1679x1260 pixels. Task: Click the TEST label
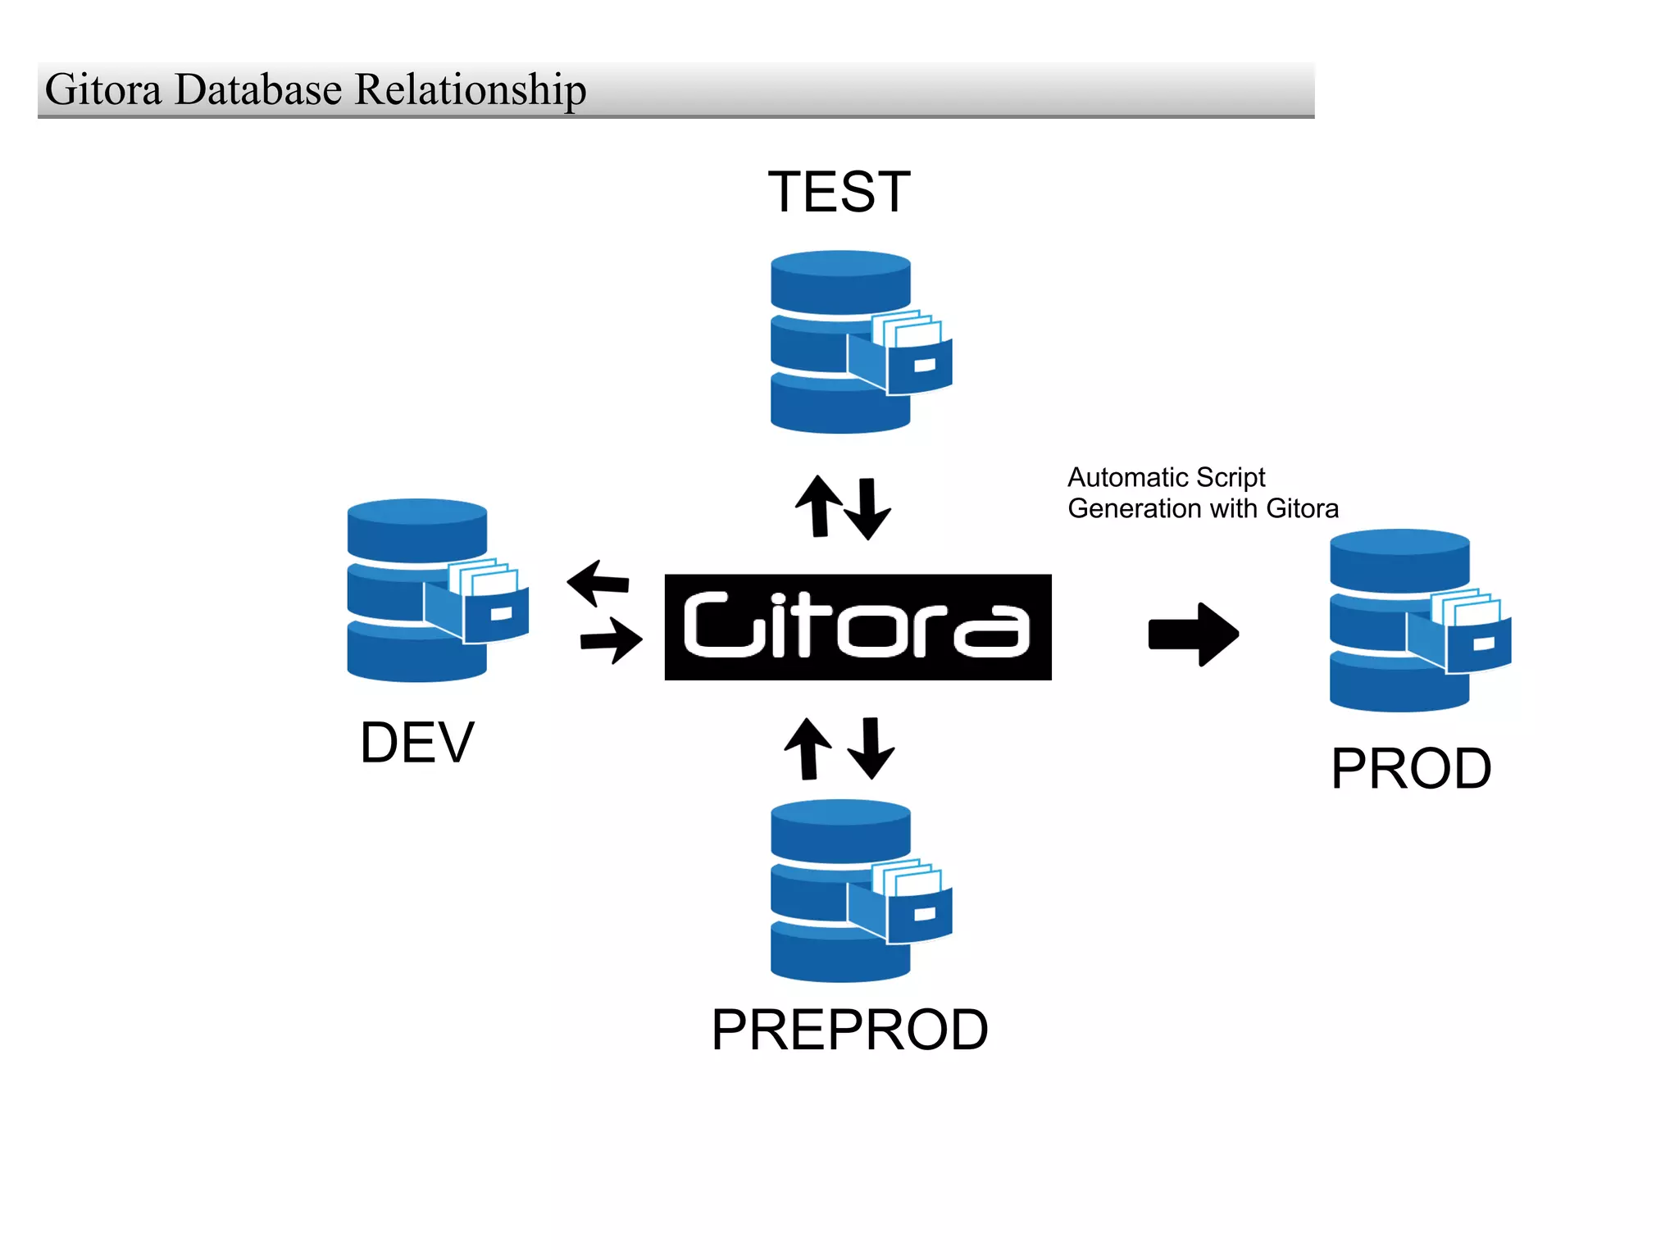tap(839, 192)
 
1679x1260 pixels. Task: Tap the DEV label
tap(416, 743)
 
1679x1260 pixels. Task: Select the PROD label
tap(1410, 769)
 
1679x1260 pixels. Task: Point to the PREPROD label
tap(849, 1030)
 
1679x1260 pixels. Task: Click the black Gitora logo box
tap(858, 627)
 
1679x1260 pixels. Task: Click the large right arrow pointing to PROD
tap(1193, 634)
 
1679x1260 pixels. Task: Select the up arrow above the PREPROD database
tap(808, 748)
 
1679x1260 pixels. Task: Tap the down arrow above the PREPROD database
tap(871, 748)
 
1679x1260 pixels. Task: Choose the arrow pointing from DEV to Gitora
tap(612, 639)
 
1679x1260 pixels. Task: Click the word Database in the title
tap(257, 89)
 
